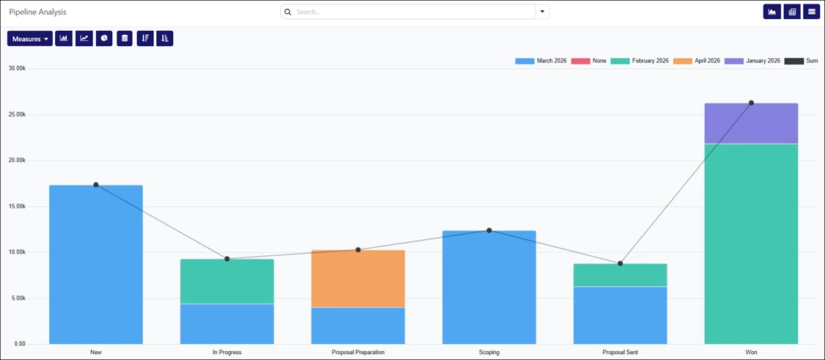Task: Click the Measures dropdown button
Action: (29, 39)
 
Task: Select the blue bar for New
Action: (96, 264)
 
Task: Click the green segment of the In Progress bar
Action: (227, 281)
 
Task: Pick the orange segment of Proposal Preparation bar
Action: (358, 279)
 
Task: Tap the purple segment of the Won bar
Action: (751, 123)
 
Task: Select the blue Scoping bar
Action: (489, 287)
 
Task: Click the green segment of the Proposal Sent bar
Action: (620, 275)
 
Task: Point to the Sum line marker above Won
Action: (751, 103)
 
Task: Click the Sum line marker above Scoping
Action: (489, 230)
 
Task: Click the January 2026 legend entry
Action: (752, 61)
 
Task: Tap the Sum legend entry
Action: (802, 61)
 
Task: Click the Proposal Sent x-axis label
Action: (620, 352)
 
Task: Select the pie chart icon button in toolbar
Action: (104, 38)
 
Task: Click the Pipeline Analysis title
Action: (37, 12)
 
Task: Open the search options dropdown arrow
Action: (543, 12)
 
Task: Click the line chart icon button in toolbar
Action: (84, 38)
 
